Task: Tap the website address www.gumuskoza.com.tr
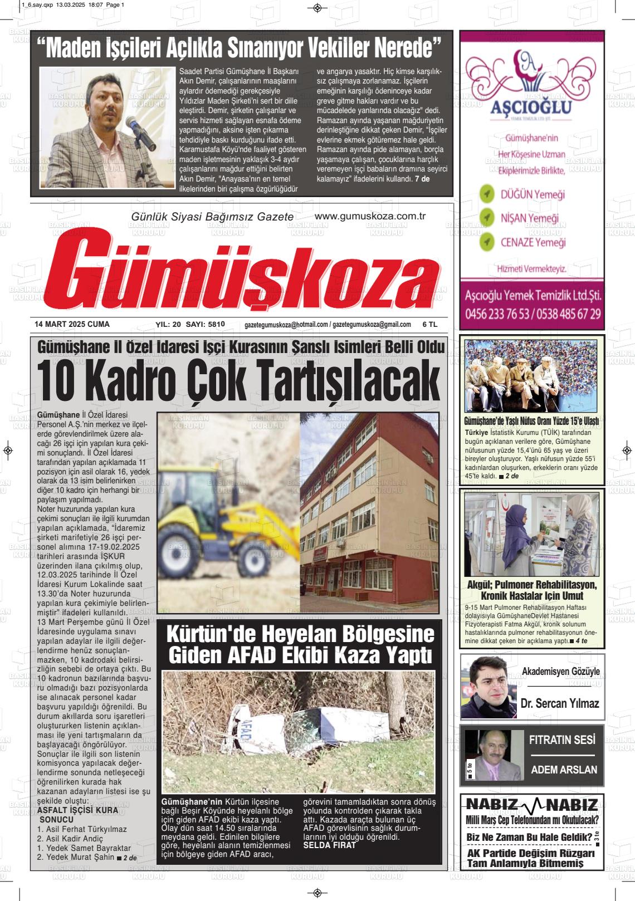(x=370, y=216)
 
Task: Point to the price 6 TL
(x=430, y=324)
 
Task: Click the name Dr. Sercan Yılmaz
(x=559, y=703)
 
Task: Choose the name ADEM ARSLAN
(x=564, y=770)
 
